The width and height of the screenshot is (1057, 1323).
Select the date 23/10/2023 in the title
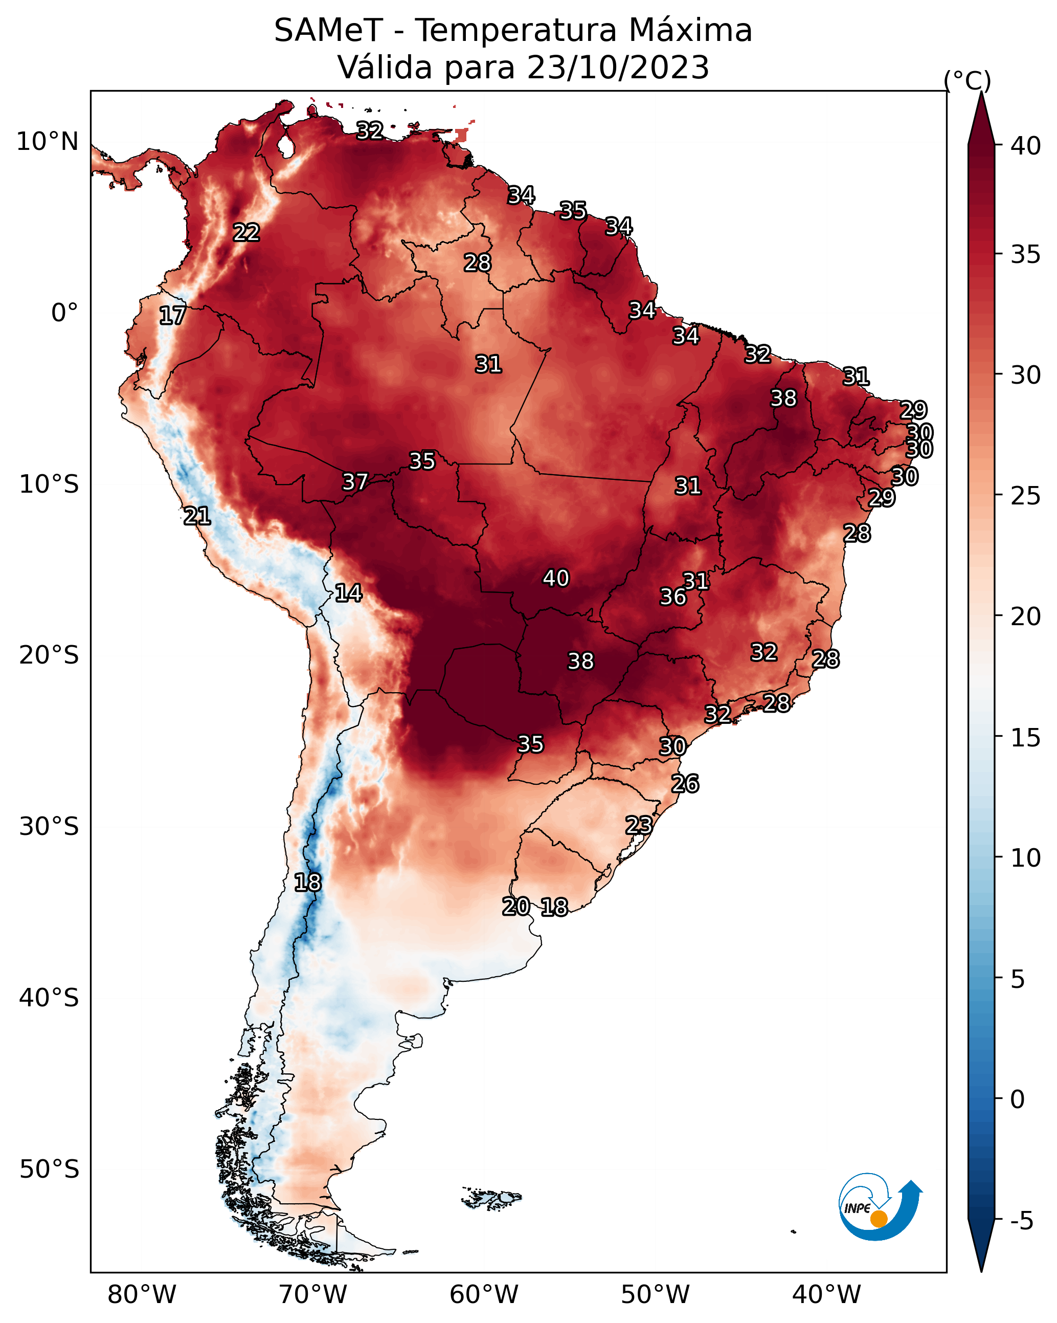[x=618, y=68]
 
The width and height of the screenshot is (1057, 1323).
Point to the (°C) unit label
[x=968, y=80]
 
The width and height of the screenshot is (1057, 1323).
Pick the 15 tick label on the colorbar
[x=1026, y=738]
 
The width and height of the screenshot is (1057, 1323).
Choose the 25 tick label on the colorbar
[x=1026, y=496]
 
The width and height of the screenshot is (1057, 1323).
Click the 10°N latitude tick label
[x=47, y=142]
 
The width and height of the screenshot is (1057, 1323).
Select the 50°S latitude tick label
[x=49, y=1170]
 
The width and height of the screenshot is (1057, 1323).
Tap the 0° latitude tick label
[x=64, y=313]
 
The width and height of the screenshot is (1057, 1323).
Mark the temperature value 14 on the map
[x=348, y=593]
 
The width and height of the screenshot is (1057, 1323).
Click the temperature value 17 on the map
[x=172, y=316]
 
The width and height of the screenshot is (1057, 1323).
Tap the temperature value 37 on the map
[x=355, y=482]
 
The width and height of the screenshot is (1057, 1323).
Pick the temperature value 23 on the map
[x=639, y=825]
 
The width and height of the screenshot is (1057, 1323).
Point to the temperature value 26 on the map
[x=685, y=784]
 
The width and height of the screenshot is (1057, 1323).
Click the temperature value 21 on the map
[x=197, y=516]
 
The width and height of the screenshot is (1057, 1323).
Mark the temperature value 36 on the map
[x=673, y=597]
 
